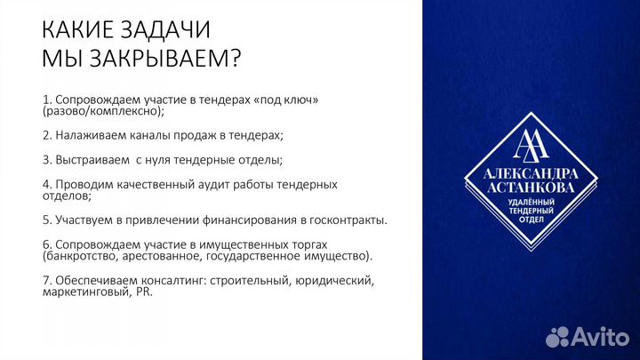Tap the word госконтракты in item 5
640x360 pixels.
pyautogui.click(x=349, y=220)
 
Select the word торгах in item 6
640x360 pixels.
pyautogui.click(x=307, y=244)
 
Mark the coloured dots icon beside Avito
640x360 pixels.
pyautogui.click(x=557, y=336)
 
